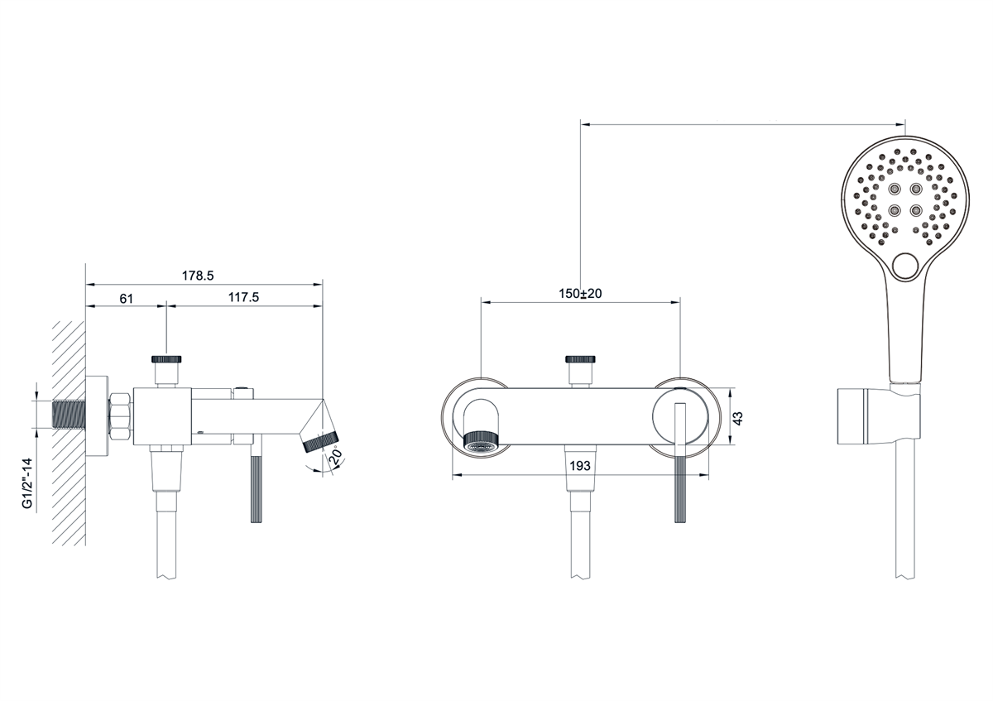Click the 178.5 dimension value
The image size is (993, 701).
pyautogui.click(x=198, y=276)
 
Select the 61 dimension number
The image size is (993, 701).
pyautogui.click(x=127, y=299)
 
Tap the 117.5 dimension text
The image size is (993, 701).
pyautogui.click(x=243, y=297)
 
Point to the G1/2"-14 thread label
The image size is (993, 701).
pyautogui.click(x=28, y=483)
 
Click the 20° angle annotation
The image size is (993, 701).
pyautogui.click(x=337, y=456)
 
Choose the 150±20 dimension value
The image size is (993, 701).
pyautogui.click(x=580, y=294)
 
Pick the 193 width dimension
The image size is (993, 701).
pyautogui.click(x=580, y=466)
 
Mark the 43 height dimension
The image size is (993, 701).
pyautogui.click(x=737, y=418)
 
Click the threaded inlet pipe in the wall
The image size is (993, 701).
pyautogui.click(x=70, y=415)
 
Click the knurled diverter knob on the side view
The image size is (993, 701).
pyautogui.click(x=166, y=359)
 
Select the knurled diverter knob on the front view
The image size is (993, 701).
pyautogui.click(x=580, y=359)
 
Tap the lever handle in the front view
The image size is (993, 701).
pyautogui.click(x=680, y=463)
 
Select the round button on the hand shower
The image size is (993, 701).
pyautogui.click(x=905, y=266)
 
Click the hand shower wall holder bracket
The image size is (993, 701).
pyautogui.click(x=879, y=416)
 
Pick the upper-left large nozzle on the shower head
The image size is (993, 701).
pyautogui.click(x=895, y=190)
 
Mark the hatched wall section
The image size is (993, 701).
pyautogui.click(x=69, y=433)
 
